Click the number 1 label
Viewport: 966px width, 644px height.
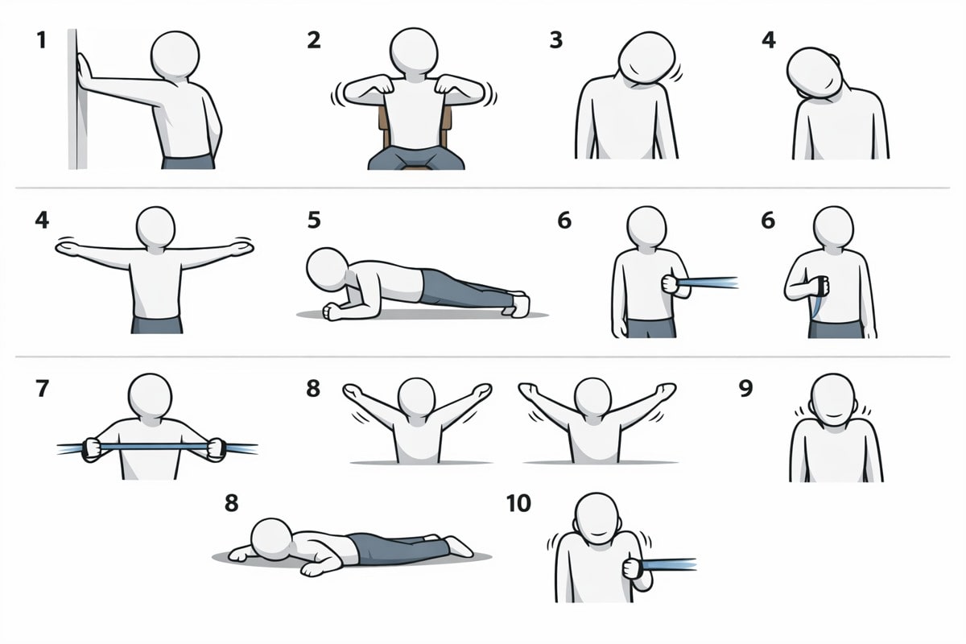(41, 40)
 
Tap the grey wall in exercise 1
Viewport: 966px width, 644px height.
(77, 99)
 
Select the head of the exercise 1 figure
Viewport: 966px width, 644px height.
(175, 55)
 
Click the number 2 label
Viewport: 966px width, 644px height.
(314, 40)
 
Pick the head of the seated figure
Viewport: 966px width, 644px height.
(414, 52)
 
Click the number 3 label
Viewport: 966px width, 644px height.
(556, 40)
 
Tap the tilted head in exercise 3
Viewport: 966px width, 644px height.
(647, 58)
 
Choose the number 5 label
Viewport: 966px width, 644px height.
(314, 220)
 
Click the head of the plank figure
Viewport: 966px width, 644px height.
(327, 269)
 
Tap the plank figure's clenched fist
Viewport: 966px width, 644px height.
(332, 312)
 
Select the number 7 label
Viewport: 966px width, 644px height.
(42, 388)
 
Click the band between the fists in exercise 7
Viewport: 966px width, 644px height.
(154, 446)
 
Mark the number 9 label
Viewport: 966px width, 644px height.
(745, 388)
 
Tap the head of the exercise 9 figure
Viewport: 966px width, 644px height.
(832, 400)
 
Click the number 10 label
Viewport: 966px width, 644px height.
(518, 503)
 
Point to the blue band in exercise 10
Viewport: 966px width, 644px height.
(669, 564)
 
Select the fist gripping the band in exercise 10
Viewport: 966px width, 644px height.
(633, 568)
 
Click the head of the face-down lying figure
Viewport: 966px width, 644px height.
(271, 540)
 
